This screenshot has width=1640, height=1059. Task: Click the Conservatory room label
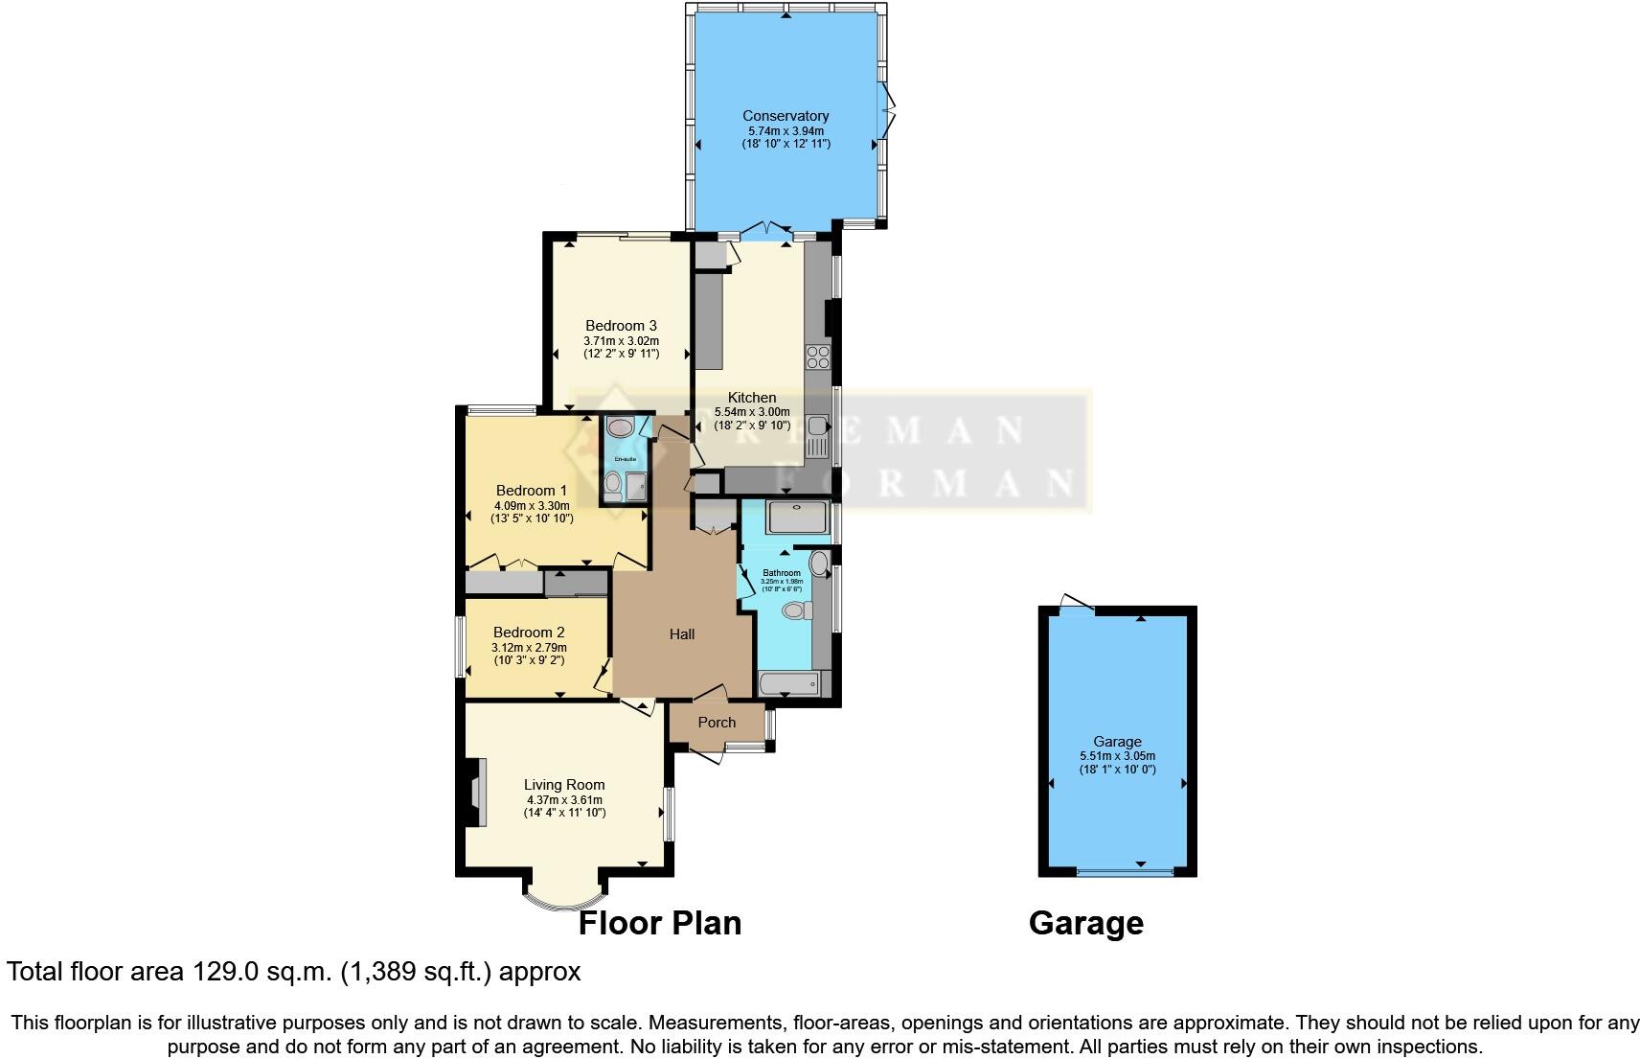pos(786,116)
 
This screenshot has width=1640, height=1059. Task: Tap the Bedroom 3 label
pos(621,326)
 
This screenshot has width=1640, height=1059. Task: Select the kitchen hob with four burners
pos(817,357)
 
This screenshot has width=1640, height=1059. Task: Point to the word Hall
pos(682,634)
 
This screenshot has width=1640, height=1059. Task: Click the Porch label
pos(717,723)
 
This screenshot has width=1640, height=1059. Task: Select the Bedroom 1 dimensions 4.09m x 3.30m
pos(532,506)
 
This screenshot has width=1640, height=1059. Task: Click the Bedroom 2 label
pos(529,633)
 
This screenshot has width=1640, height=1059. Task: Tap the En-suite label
pos(626,459)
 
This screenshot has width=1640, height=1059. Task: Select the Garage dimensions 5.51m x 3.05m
pos(1117,755)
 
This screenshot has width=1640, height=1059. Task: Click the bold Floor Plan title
pos(660,923)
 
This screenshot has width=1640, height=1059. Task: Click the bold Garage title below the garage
pos(1085,923)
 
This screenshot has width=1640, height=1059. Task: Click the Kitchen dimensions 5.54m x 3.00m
pos(752,412)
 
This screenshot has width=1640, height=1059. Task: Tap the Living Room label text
pos(564,785)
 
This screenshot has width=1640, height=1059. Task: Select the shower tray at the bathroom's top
pos(798,518)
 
